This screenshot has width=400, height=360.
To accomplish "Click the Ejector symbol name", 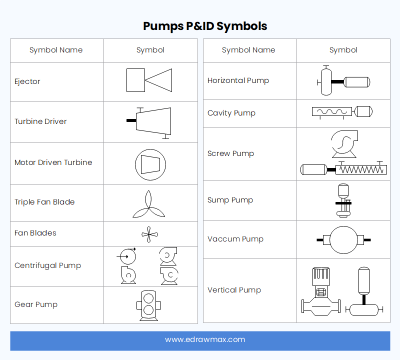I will (x=27, y=81).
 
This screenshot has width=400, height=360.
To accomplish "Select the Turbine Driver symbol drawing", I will (x=151, y=121).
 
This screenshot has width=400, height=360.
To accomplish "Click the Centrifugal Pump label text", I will (x=47, y=265).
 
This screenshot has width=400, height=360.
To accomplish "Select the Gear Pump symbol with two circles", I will (x=148, y=305).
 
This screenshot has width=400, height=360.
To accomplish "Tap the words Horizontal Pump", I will (x=238, y=80).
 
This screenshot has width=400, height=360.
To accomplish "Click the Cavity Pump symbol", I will (x=342, y=112).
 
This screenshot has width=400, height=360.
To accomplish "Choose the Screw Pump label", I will (x=230, y=153).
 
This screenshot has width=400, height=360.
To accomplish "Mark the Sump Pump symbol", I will (x=343, y=200).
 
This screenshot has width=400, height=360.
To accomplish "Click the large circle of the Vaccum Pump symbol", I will (x=343, y=239).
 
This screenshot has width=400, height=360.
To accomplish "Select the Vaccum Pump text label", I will (x=235, y=239).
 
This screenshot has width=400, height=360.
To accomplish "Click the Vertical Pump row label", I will (x=234, y=290).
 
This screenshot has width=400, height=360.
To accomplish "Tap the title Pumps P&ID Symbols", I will (x=205, y=26).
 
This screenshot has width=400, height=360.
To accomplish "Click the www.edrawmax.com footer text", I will (x=205, y=339).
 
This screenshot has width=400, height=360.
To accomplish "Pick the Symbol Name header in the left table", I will (x=56, y=50).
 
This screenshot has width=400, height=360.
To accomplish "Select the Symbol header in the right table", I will (x=343, y=50).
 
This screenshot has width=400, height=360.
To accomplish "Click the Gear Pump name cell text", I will (x=36, y=304).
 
